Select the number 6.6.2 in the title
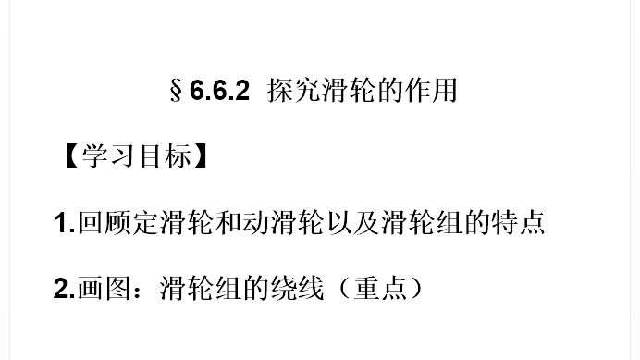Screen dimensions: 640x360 point(220,93)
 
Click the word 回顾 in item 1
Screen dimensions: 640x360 point(105,224)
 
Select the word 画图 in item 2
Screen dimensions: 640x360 point(105,288)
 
